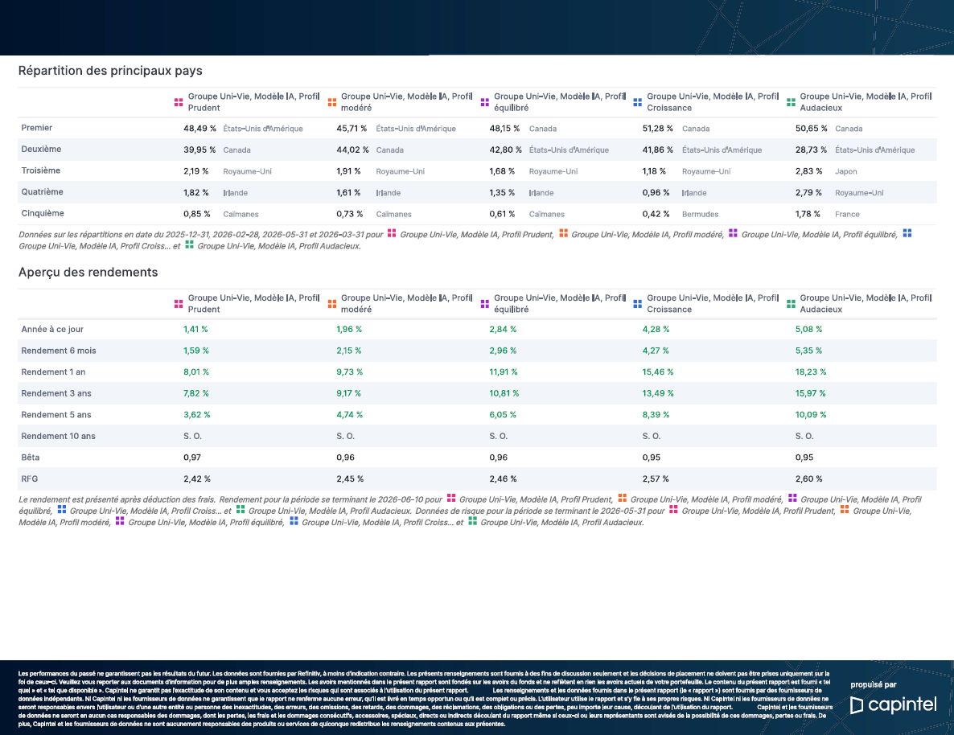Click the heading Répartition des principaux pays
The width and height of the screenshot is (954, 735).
point(110,71)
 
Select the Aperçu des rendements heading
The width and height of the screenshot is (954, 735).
point(88,272)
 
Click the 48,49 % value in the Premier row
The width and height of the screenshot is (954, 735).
point(199,129)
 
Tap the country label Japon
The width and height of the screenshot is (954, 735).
point(845,171)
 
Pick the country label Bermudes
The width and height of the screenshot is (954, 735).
point(701,214)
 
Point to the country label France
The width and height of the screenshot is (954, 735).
point(847,214)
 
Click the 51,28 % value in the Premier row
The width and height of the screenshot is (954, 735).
point(658,129)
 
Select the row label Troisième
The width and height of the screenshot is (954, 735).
point(41,170)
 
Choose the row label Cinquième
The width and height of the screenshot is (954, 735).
point(43,213)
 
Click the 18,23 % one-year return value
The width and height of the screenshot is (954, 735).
point(810,372)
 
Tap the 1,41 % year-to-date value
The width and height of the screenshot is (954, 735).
point(195,329)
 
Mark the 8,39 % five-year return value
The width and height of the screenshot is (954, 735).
point(656,415)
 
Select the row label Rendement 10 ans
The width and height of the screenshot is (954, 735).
point(59,436)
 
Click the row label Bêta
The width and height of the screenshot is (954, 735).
point(31,458)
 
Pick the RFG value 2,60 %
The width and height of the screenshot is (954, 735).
point(808,478)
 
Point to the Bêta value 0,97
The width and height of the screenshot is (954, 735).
point(192,458)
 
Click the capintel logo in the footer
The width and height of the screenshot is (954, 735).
point(893,704)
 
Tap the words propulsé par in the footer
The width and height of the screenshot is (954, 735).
point(873,685)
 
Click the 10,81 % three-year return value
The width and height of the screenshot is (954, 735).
point(504,394)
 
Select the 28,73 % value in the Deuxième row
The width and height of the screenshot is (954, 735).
point(811,150)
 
